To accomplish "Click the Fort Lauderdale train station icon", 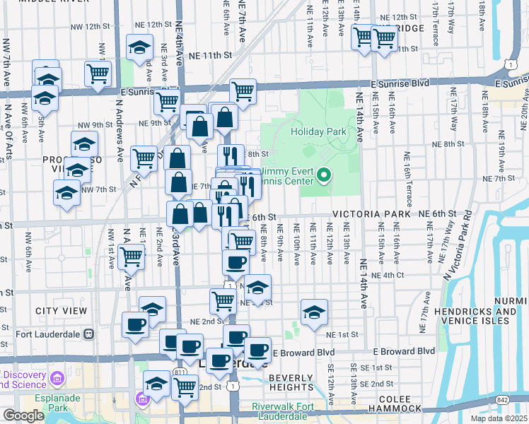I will point(89,334).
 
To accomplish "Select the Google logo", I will point(23,416).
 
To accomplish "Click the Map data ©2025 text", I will point(499,418).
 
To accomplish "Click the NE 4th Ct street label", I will point(387,275).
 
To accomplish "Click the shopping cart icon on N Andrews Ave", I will point(132,258).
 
